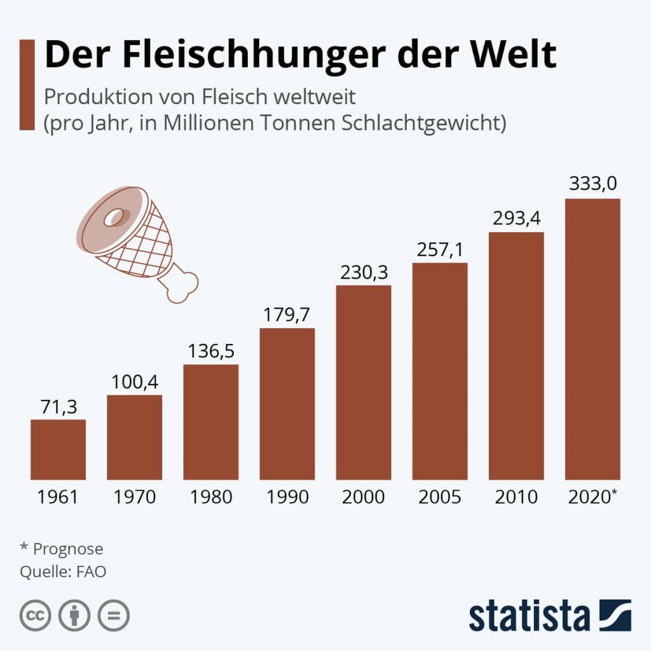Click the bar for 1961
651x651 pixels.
tap(58, 449)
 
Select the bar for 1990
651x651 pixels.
tap(287, 404)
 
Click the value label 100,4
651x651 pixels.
tap(134, 382)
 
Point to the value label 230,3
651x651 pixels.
tap(363, 272)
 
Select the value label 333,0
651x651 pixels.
tap(593, 184)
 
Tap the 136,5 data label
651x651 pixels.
tap(210, 352)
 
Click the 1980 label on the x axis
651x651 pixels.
tap(210, 497)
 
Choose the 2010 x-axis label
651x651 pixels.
tap(516, 497)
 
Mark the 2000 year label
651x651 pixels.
tap(363, 497)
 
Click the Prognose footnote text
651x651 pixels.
tap(67, 549)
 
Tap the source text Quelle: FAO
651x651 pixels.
tap(63, 572)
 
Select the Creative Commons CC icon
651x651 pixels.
tap(36, 615)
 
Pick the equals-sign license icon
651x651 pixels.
tap(113, 615)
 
